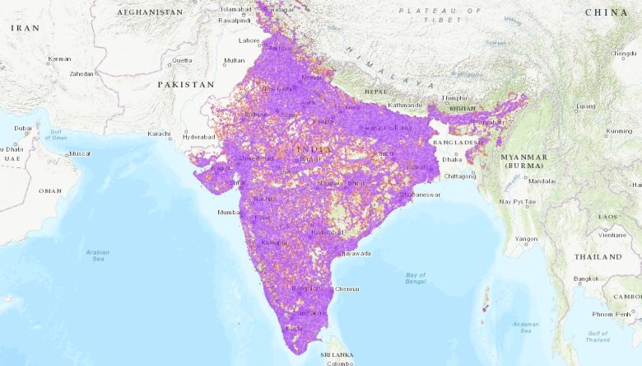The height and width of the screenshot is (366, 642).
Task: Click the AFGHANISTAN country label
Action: pos(150,12)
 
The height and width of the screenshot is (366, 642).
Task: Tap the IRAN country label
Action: pos(26,28)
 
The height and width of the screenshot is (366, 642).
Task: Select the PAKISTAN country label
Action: pos(186,84)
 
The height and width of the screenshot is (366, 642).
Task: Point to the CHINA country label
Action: pos(607,12)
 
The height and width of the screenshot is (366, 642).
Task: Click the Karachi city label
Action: pos(159,134)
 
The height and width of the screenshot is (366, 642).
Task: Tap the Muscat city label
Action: pos(79,154)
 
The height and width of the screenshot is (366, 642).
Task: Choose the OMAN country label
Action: pos(49,190)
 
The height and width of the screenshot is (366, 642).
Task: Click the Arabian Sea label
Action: pos(97,256)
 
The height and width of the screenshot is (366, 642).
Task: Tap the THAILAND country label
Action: pos(598,256)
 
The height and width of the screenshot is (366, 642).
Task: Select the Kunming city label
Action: pos(619,131)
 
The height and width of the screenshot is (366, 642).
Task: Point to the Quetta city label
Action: pos(181,60)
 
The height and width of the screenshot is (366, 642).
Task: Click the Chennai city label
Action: pos(347,289)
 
